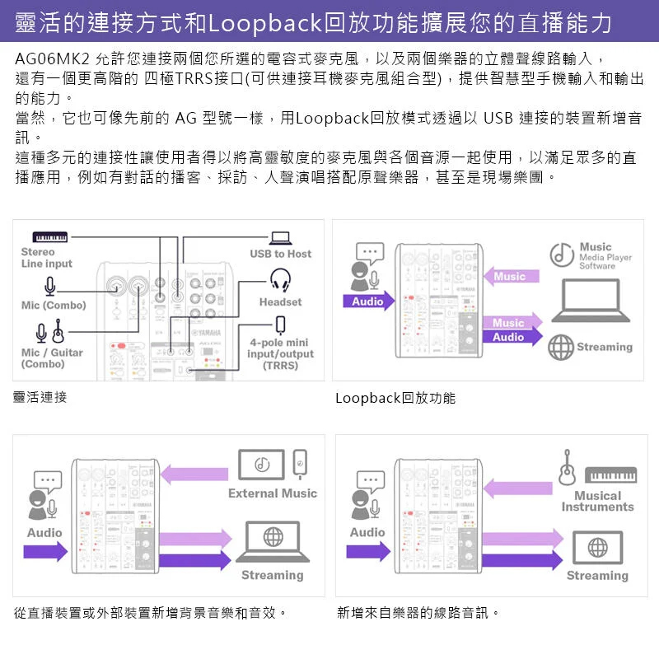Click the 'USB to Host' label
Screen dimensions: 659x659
(x=280, y=254)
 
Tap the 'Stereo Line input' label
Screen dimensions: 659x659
(x=46, y=258)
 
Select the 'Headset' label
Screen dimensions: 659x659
(x=280, y=302)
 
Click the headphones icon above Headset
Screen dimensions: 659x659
(x=280, y=281)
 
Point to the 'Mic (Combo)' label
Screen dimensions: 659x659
(x=54, y=306)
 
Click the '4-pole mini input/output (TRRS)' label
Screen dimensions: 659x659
(x=280, y=354)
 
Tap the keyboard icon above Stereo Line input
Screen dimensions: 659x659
(x=57, y=237)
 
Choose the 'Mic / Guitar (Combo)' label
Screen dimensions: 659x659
(x=52, y=358)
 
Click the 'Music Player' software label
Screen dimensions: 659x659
(x=605, y=256)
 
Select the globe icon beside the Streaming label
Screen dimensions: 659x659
(x=561, y=347)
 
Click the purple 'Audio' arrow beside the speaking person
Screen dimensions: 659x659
(x=367, y=301)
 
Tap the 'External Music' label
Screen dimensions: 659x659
(x=273, y=493)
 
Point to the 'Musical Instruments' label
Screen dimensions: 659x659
(x=597, y=501)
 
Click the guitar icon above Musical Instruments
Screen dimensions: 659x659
(x=567, y=468)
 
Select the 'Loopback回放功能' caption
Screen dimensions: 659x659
(x=395, y=399)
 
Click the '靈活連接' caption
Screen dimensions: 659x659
(x=40, y=397)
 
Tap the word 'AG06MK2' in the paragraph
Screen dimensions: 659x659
(x=52, y=60)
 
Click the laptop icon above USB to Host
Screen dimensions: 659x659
(x=280, y=237)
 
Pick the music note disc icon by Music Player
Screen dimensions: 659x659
(x=562, y=255)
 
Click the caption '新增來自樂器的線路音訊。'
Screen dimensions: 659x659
(x=418, y=613)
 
